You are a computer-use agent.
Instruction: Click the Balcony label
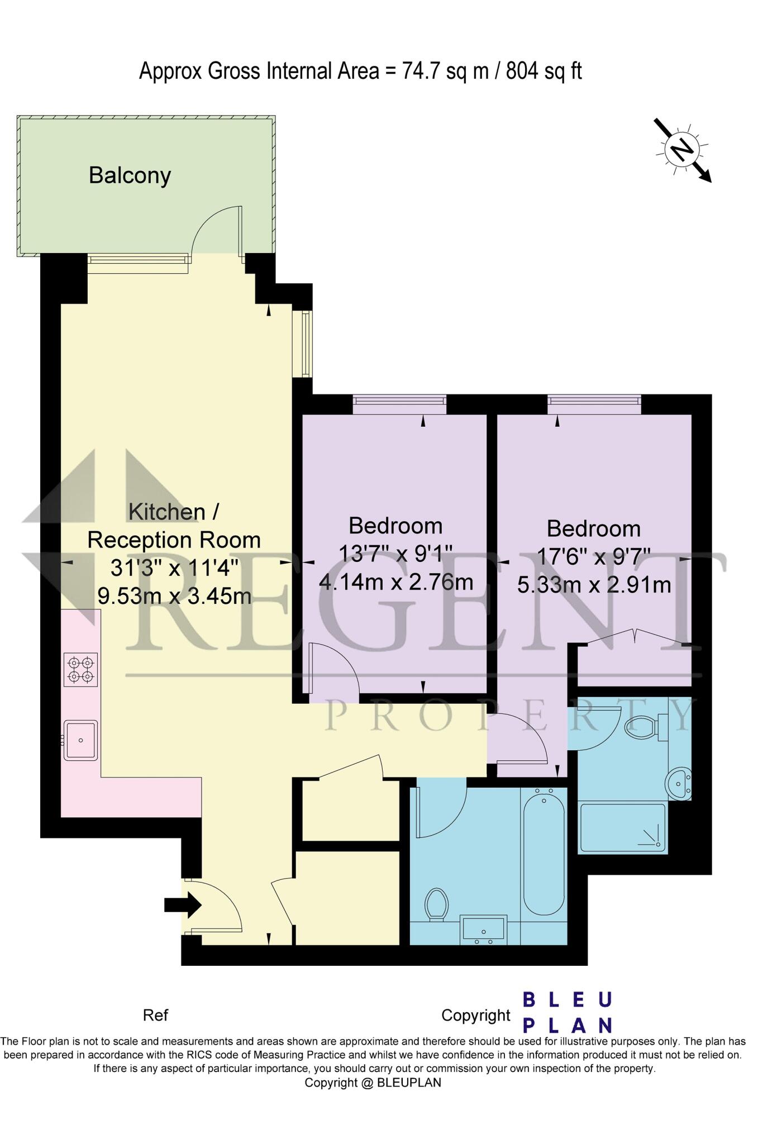[130, 175]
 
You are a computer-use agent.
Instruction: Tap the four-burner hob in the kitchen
[80, 669]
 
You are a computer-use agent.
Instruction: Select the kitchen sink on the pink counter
[80, 740]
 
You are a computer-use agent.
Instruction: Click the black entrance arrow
[183, 904]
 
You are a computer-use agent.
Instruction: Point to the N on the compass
[681, 149]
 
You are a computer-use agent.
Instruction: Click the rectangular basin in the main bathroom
[484, 928]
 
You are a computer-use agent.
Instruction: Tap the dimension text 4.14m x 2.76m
[396, 582]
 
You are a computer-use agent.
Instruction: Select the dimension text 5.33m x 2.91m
[594, 585]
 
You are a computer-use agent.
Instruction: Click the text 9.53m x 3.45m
[174, 595]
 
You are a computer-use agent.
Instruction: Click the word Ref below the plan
[155, 1015]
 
